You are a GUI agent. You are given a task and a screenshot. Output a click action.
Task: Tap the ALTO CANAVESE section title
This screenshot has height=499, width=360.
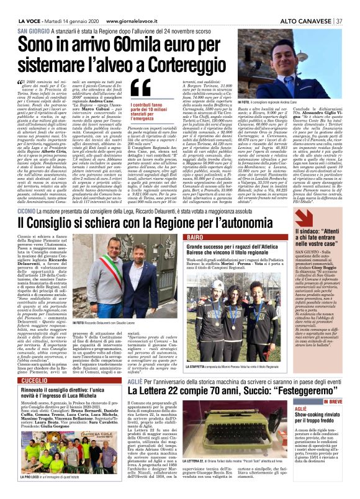click(x=306, y=21)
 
